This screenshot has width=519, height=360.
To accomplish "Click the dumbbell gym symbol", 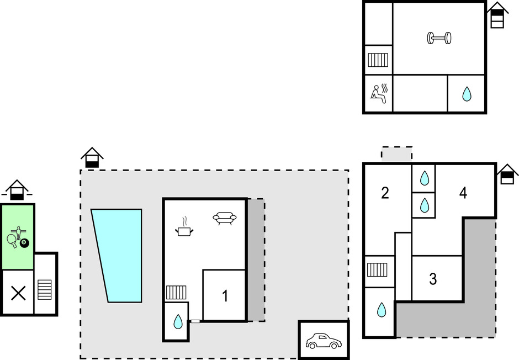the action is (x=439, y=38).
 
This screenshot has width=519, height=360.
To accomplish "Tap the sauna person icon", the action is (x=379, y=94).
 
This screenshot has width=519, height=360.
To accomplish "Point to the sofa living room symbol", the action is (x=225, y=218).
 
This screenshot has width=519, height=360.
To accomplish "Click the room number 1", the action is (x=225, y=296).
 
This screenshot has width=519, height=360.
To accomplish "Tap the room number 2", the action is (x=385, y=193).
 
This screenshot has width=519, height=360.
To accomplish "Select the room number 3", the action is (x=433, y=279).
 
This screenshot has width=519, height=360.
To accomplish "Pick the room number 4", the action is (x=463, y=193).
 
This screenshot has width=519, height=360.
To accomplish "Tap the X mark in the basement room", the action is (x=19, y=293).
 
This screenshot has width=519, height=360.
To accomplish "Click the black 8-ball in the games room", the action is (x=24, y=243).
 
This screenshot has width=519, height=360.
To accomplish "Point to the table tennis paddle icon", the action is (x=13, y=241).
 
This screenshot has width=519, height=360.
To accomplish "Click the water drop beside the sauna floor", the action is (x=467, y=94).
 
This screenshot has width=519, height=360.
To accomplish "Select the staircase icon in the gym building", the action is (x=378, y=60).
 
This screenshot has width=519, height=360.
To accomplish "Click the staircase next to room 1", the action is (x=176, y=293).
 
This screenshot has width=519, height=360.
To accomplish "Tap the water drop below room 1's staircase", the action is (x=178, y=321).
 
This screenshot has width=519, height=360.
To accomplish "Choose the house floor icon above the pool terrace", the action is (x=92, y=157).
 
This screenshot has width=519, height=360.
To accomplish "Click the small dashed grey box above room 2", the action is (x=397, y=154).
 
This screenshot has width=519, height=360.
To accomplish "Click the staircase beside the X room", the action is (x=44, y=289).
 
